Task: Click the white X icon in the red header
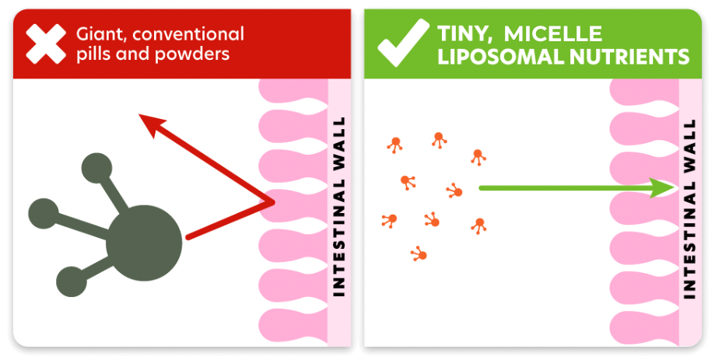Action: tap(46, 44)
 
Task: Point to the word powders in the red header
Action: tap(193, 54)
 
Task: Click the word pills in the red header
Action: tap(93, 54)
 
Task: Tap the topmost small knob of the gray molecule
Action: tap(96, 169)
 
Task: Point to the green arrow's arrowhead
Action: tap(664, 187)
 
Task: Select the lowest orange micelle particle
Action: tap(419, 253)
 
